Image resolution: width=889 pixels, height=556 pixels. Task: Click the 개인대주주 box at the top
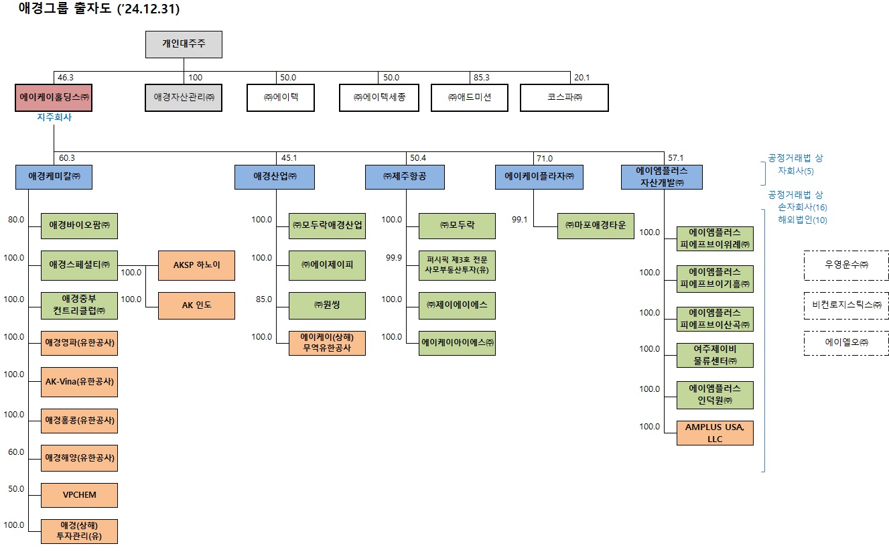pos(184,44)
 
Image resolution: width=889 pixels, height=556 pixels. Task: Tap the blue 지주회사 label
pos(54,117)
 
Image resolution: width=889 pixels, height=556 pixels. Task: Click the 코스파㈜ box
pos(564,97)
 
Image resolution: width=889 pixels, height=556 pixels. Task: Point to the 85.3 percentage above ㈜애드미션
pos(481,78)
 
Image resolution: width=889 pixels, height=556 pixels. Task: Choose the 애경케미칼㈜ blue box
pos(54,177)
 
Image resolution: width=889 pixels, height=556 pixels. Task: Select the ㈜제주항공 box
pos(405,177)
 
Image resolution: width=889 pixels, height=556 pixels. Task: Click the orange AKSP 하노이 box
pos(196,265)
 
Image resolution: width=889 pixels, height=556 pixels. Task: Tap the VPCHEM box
pos(79,495)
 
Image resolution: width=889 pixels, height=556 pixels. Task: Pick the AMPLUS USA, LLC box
pos(715,432)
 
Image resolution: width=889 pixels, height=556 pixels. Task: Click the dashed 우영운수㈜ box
pos(846,265)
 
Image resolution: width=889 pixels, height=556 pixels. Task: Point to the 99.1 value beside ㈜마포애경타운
pos(520,219)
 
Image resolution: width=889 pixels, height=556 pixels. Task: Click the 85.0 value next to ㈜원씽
pos(263,299)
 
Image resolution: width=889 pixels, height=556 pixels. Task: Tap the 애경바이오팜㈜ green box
pos(79,226)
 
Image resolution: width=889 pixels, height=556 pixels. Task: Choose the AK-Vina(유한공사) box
pos(79,381)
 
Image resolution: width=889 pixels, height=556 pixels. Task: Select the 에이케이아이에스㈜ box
pos(458,342)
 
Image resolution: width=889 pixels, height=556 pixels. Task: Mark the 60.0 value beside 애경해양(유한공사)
pos(16,452)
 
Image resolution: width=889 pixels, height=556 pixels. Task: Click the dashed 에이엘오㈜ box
pos(846,342)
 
